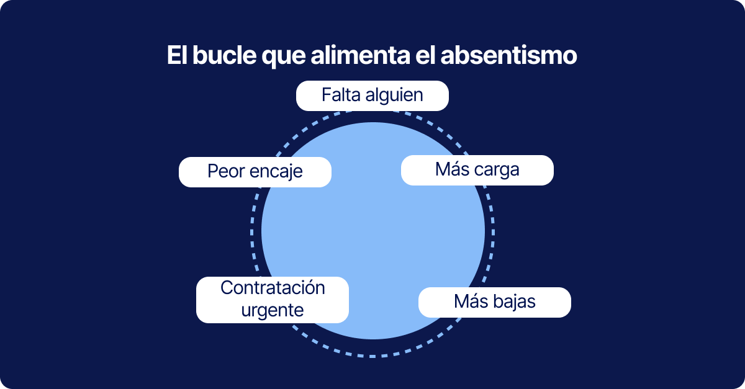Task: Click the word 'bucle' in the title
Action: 225,55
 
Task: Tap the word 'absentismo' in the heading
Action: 509,55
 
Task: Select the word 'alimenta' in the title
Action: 360,55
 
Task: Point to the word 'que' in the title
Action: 283,57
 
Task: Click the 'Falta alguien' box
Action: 372,96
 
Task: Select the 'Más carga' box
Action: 477,170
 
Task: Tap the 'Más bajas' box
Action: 495,302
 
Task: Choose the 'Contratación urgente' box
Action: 273,300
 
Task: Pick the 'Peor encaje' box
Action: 255,172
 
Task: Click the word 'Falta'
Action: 341,95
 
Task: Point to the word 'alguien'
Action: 394,96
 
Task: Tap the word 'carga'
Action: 497,171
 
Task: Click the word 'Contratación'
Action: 273,288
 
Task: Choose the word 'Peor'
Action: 226,172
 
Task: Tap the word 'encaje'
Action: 276,172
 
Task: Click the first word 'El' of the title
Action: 178,55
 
